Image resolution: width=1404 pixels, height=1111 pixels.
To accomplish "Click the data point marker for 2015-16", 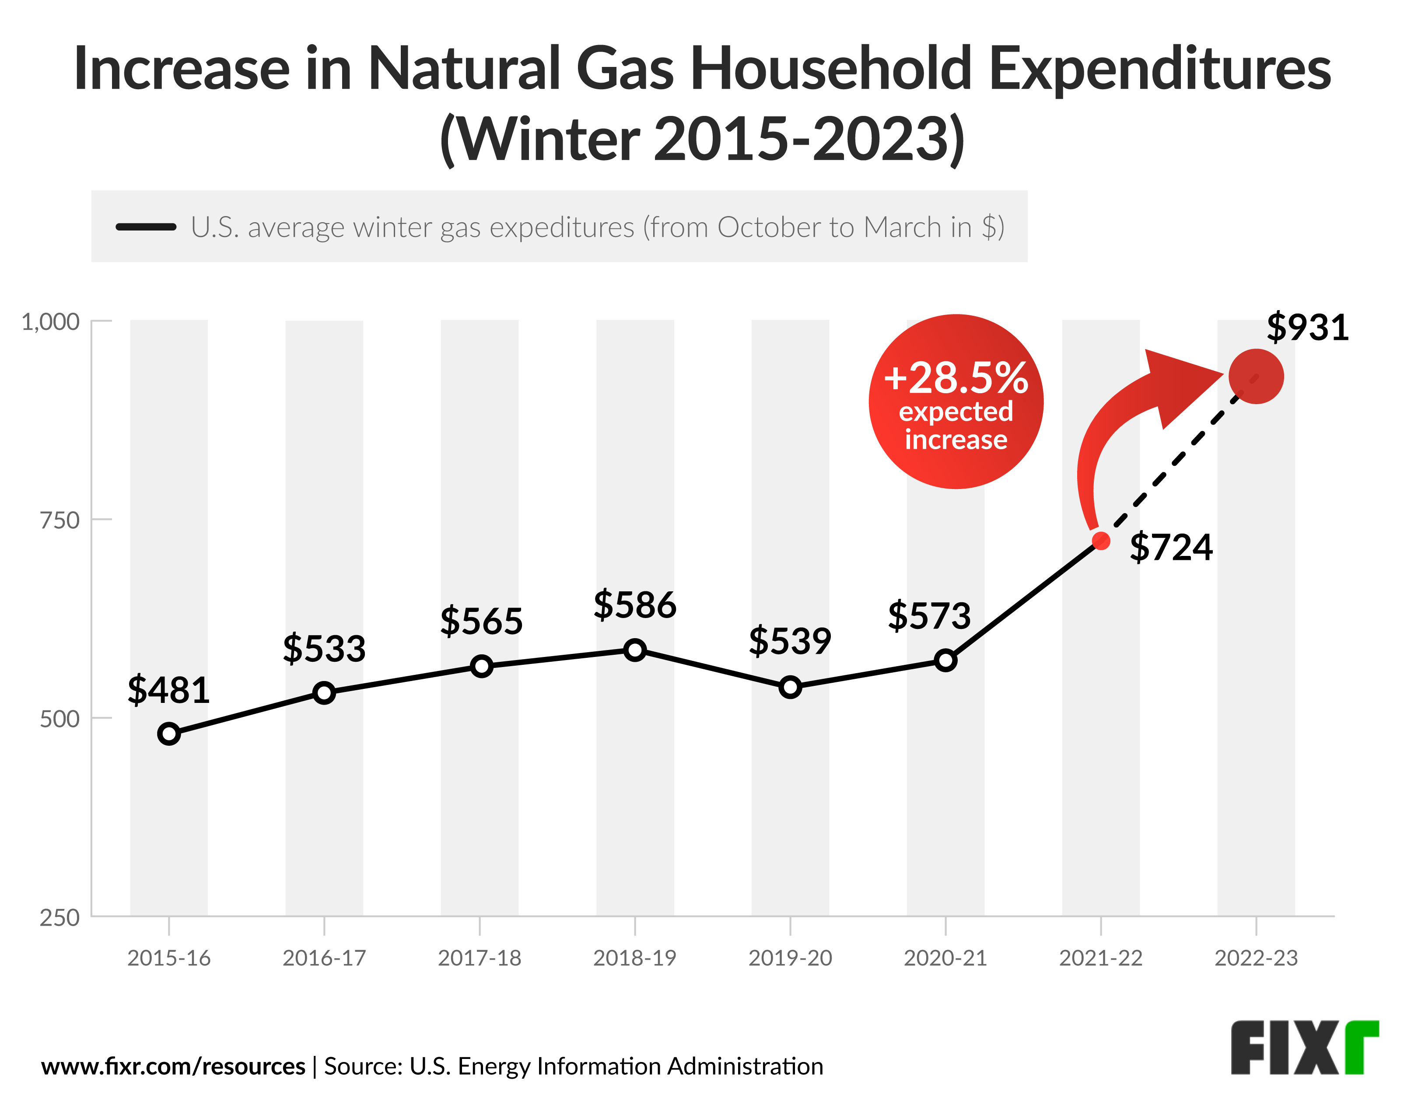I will pyautogui.click(x=168, y=734).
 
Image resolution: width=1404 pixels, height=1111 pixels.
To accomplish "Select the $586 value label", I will pyautogui.click(x=634, y=605).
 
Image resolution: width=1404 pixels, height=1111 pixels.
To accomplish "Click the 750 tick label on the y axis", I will pyautogui.click(x=60, y=520).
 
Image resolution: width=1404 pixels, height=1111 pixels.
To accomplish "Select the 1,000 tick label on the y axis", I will pyautogui.click(x=51, y=321).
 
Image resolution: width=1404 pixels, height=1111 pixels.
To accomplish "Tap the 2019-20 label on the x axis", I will pyautogui.click(x=790, y=957).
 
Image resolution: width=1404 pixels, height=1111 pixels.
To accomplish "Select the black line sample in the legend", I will pyautogui.click(x=146, y=227).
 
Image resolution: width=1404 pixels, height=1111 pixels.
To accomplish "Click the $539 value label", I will pyautogui.click(x=789, y=641).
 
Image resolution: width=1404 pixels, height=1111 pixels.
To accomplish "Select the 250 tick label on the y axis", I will pyautogui.click(x=60, y=918).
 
